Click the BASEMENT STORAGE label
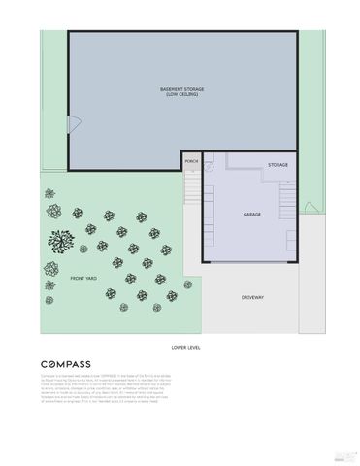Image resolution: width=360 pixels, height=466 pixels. click(x=182, y=89)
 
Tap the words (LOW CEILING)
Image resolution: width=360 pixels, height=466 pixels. click(x=182, y=94)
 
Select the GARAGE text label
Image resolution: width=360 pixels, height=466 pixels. click(x=252, y=213)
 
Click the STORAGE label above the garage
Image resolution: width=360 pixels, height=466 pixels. click(x=278, y=165)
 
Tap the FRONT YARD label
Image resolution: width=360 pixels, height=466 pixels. click(x=83, y=279)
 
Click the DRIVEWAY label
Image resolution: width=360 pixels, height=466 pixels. click(x=253, y=296)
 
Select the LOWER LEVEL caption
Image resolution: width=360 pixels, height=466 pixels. click(x=184, y=346)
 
